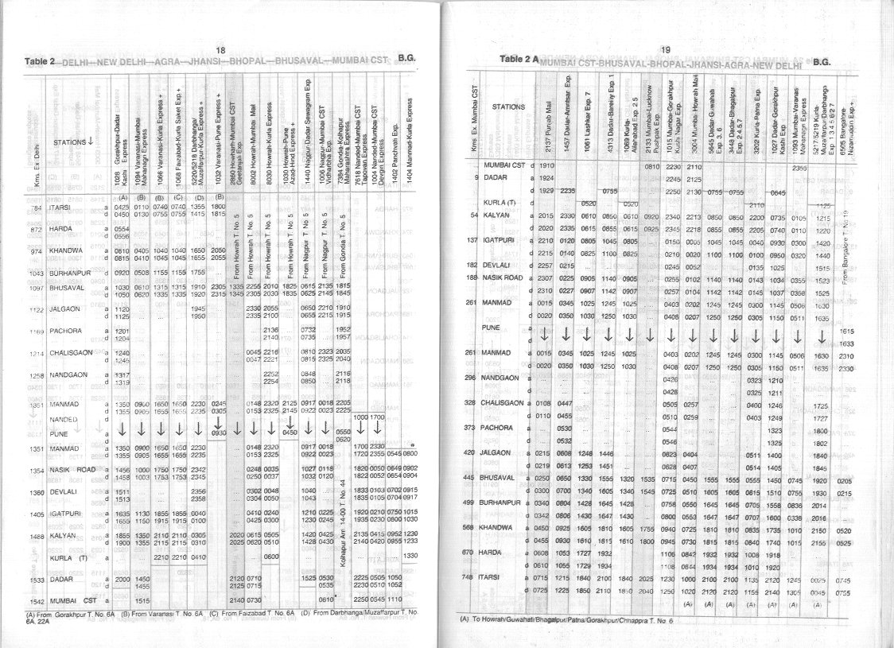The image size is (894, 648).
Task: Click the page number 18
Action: (220, 51)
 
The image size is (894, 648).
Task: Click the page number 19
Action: (666, 49)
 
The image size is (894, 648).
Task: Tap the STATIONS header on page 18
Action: (75, 142)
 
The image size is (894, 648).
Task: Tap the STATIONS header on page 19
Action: (508, 106)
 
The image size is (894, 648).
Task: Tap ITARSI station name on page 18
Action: (62, 210)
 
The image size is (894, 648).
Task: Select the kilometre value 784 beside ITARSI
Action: (33, 210)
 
